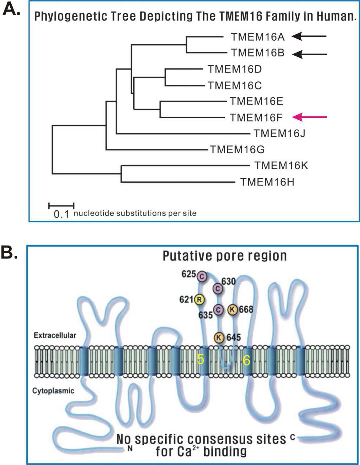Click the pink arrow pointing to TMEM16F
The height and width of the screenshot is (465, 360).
coord(310,117)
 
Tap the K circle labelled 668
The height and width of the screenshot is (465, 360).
coord(232,310)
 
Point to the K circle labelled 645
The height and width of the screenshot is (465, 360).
coord(219,337)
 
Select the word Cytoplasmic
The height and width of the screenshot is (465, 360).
coord(53,391)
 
